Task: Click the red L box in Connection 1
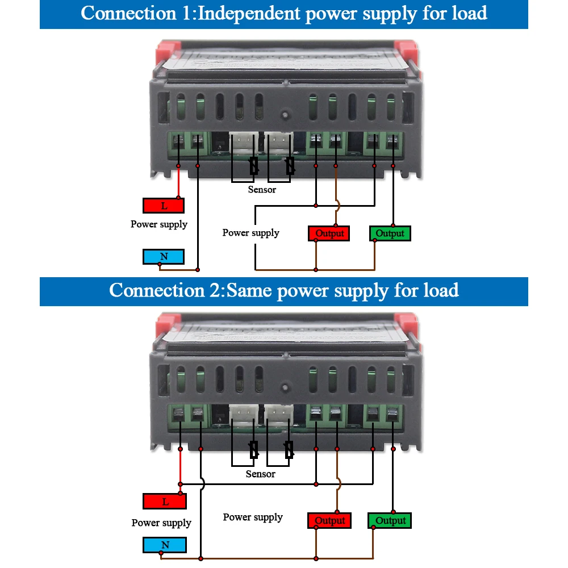click(164, 206)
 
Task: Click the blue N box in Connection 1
click(164, 257)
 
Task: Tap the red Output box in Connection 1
click(329, 233)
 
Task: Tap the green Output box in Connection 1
click(390, 233)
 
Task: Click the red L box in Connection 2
click(165, 502)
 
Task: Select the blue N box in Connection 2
click(165, 545)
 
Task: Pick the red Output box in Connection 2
click(329, 520)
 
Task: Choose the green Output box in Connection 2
click(390, 520)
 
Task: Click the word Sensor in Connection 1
click(262, 190)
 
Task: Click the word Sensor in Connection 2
click(260, 474)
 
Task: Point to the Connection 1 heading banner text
click(284, 13)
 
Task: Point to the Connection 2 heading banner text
click(284, 291)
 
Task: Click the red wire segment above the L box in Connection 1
click(178, 182)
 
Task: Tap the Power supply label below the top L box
click(158, 224)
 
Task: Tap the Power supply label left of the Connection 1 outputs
click(250, 233)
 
